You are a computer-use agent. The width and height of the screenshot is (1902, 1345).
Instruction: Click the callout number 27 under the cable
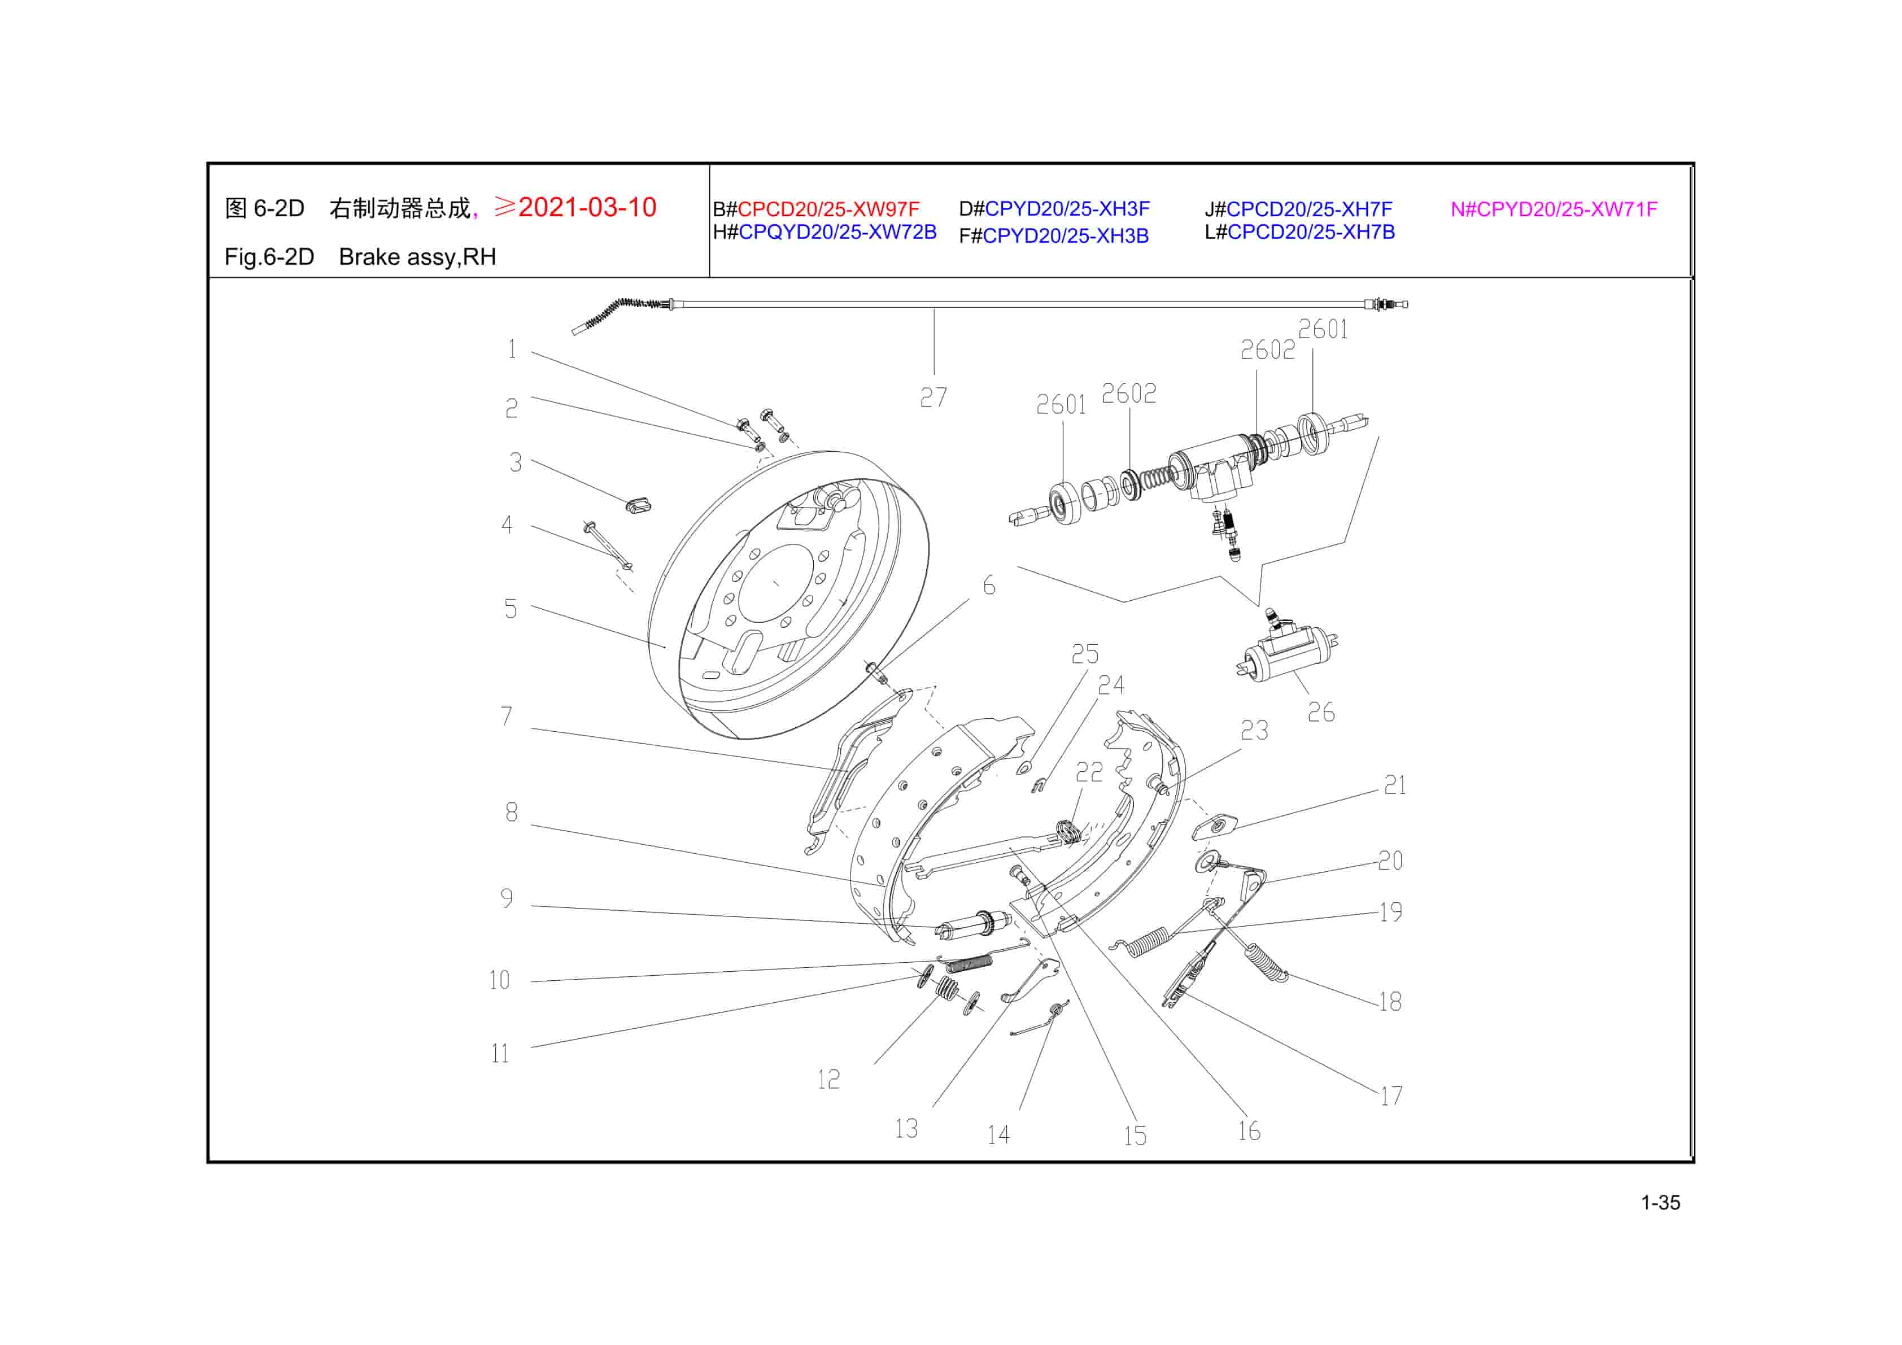tap(933, 398)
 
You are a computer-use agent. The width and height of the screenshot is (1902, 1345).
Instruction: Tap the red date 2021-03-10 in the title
tap(587, 207)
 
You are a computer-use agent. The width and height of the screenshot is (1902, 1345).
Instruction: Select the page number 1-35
tap(1660, 1203)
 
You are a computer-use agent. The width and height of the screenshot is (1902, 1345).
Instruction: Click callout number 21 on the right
tap(1394, 785)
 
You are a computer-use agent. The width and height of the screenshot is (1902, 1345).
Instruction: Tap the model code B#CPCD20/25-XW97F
tap(816, 209)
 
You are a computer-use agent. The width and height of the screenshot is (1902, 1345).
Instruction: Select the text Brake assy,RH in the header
tap(417, 257)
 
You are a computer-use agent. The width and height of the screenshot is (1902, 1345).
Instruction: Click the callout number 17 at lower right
tap(1391, 1096)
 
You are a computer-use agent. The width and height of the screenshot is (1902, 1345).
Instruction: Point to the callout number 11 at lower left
tap(500, 1054)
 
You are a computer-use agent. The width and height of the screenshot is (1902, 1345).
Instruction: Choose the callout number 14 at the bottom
tap(998, 1134)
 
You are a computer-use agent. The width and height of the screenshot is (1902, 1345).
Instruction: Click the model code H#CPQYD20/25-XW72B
tap(825, 233)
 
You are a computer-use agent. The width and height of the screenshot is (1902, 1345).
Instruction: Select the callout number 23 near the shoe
tap(1254, 731)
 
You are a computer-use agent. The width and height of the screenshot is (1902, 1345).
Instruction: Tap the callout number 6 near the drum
tap(988, 586)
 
